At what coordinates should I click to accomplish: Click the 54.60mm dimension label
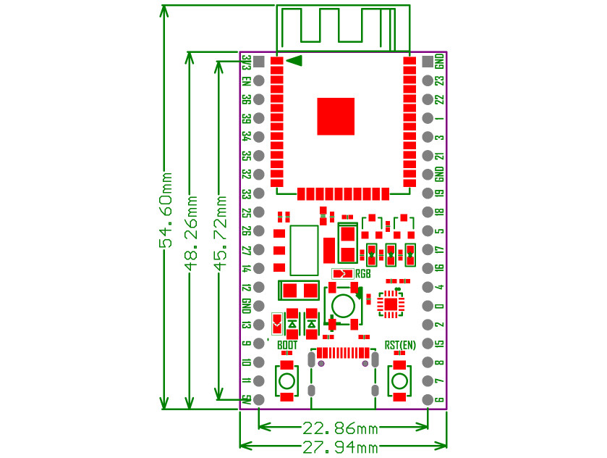pyautogui.click(x=166, y=210)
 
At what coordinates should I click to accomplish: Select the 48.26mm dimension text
pyautogui.click(x=192, y=231)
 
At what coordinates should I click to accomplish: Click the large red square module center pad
pyautogui.click(x=336, y=116)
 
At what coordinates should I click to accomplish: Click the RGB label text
pyautogui.click(x=363, y=274)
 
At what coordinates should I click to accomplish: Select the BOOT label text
pyautogui.click(x=287, y=346)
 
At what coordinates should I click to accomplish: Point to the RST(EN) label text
pyautogui.click(x=400, y=346)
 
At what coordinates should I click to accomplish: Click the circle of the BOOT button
pyautogui.click(x=287, y=381)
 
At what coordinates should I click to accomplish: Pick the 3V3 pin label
pyautogui.click(x=247, y=62)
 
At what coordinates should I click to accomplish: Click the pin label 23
pyautogui.click(x=439, y=80)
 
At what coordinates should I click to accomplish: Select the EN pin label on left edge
pyautogui.click(x=247, y=81)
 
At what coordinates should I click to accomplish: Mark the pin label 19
pyautogui.click(x=439, y=193)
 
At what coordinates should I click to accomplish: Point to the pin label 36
pyautogui.click(x=247, y=99)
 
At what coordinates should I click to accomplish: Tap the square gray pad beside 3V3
pyautogui.click(x=258, y=62)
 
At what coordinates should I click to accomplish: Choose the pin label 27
pyautogui.click(x=247, y=250)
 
